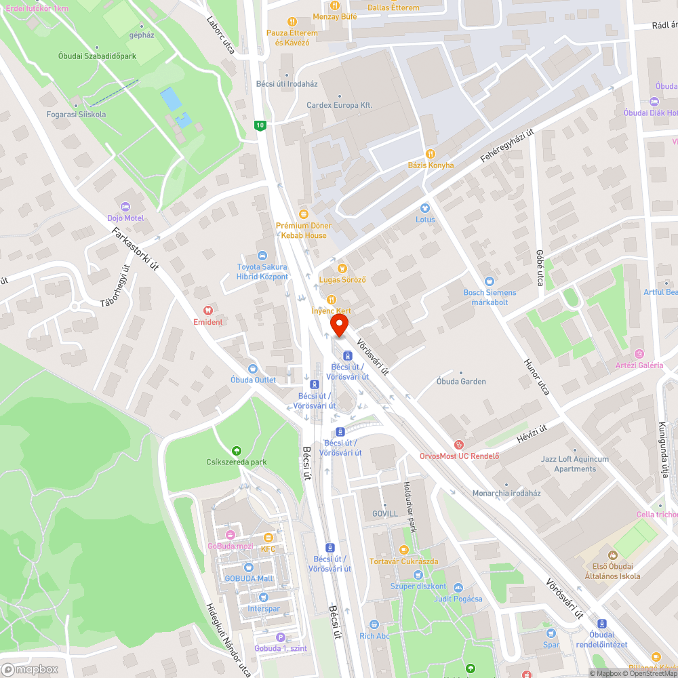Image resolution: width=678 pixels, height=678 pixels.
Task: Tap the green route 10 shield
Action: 260,125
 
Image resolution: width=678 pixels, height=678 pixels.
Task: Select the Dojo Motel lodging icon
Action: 125,207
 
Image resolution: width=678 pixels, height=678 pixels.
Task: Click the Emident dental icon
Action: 207,310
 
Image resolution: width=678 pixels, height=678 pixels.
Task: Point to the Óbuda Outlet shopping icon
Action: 253,369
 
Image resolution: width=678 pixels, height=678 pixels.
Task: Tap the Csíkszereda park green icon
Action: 236,450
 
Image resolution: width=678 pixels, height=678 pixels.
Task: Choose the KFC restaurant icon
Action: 268,538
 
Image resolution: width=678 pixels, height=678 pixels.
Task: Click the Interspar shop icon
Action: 263,597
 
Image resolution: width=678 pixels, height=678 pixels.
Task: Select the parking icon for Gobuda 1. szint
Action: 281,637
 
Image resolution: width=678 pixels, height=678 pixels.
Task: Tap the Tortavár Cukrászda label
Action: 403,561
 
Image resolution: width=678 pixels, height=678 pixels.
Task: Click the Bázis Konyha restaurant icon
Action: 430,154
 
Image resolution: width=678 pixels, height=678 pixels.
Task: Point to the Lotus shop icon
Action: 425,208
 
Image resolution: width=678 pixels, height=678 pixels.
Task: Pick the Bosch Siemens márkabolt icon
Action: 490,281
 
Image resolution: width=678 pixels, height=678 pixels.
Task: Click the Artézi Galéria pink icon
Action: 639,354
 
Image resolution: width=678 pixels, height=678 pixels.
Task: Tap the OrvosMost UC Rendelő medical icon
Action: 459,445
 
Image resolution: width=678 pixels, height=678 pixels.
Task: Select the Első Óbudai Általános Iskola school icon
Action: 612,555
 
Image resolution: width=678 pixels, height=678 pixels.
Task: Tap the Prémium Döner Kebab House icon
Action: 303,214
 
